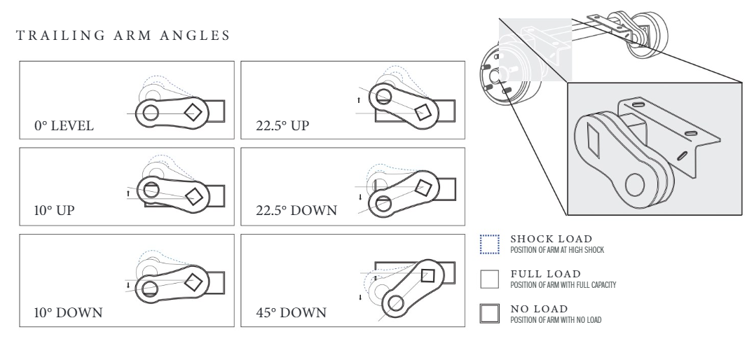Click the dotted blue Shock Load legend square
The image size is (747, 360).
click(488, 243)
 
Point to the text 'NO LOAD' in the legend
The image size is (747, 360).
click(538, 307)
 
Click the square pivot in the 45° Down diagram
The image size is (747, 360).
click(427, 275)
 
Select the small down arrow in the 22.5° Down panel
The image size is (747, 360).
click(359, 198)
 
